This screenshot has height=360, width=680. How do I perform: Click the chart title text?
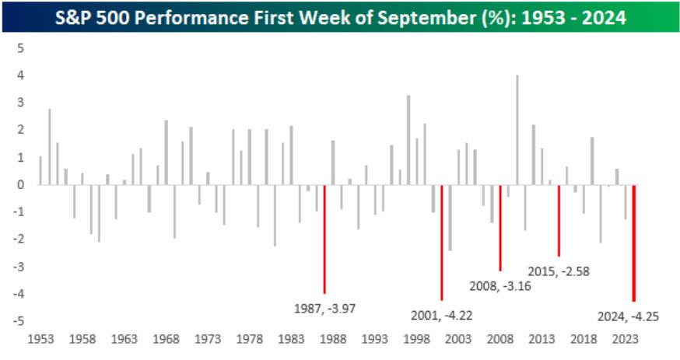[x=340, y=16]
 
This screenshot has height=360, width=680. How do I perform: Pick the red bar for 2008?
[x=500, y=227]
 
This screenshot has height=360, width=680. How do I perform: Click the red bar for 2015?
[x=559, y=220]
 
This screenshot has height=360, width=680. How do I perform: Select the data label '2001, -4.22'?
[x=441, y=316]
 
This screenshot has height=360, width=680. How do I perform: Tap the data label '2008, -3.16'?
[x=500, y=285]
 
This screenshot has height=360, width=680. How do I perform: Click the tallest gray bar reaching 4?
[x=517, y=130]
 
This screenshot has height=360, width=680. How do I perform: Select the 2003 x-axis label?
[x=457, y=340]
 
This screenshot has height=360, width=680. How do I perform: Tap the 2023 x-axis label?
[x=625, y=340]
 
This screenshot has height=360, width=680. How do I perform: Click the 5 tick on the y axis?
[x=21, y=48]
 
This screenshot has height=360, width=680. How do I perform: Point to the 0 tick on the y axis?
[x=21, y=185]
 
